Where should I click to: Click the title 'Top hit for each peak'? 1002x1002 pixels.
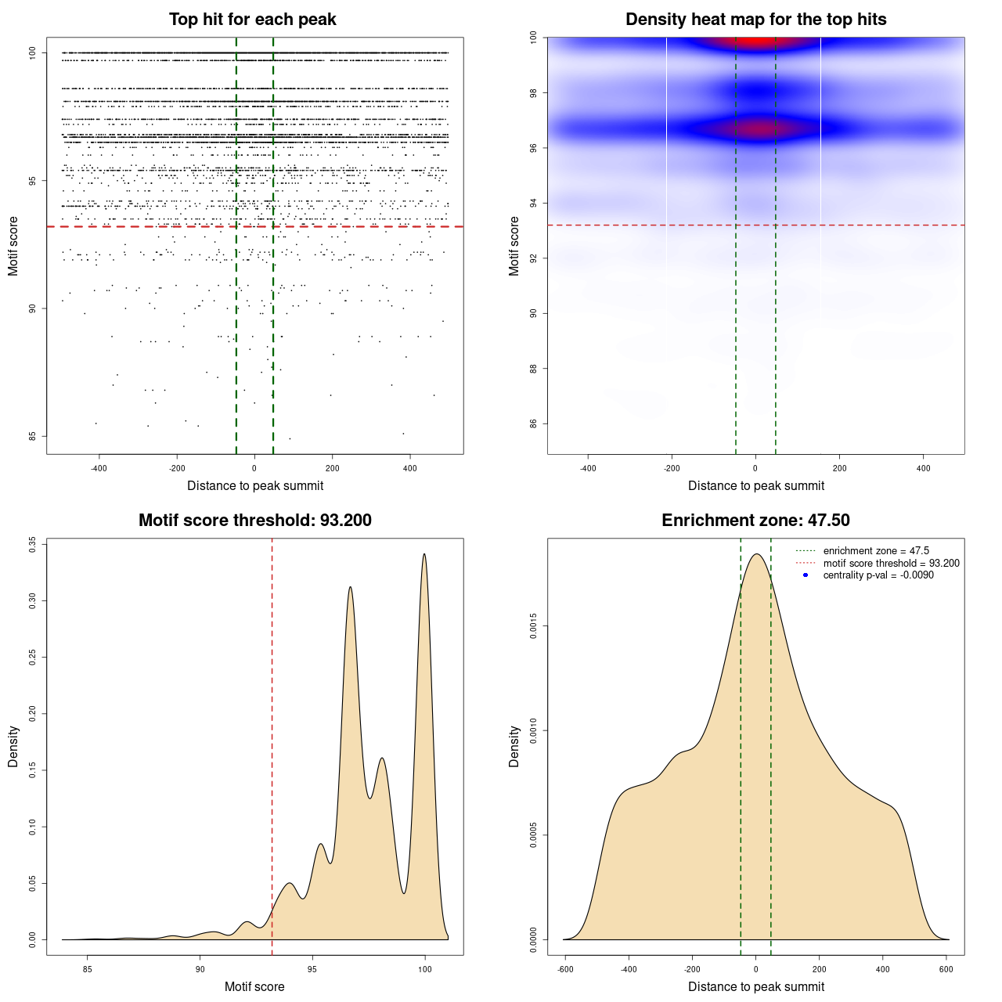click(252, 20)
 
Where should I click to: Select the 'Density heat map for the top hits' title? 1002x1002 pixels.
click(755, 20)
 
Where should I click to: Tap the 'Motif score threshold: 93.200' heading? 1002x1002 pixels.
click(254, 521)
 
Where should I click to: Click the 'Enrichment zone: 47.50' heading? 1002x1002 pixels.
click(755, 521)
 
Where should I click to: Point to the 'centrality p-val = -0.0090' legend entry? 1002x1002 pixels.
click(878, 575)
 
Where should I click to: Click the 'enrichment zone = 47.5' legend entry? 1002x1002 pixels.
click(876, 551)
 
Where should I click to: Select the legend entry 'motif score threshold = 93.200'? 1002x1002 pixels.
click(891, 564)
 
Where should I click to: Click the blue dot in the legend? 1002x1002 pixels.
click(806, 575)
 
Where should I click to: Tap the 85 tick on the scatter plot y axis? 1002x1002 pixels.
click(33, 436)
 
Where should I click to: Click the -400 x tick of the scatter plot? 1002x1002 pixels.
click(99, 468)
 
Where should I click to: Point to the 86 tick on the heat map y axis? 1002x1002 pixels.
click(533, 424)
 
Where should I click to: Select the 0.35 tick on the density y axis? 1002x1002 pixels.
click(33, 545)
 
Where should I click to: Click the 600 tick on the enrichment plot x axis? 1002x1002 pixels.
click(946, 969)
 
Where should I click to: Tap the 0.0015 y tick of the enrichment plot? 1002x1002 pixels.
click(533, 626)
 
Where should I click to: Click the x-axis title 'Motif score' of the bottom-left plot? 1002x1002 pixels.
click(254, 986)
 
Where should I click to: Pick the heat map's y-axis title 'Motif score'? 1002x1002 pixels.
click(514, 246)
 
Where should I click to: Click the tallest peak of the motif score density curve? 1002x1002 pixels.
click(424, 554)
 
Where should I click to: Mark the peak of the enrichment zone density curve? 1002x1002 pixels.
click(756, 554)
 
